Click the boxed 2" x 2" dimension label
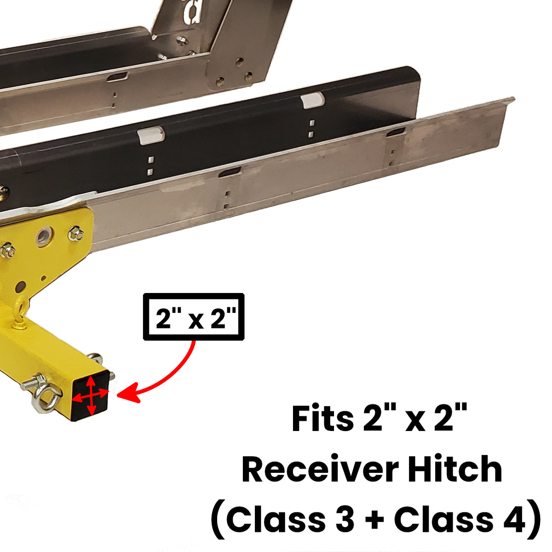coord(194,317)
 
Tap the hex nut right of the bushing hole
coord(75,234)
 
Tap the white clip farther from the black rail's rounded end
coord(151,135)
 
